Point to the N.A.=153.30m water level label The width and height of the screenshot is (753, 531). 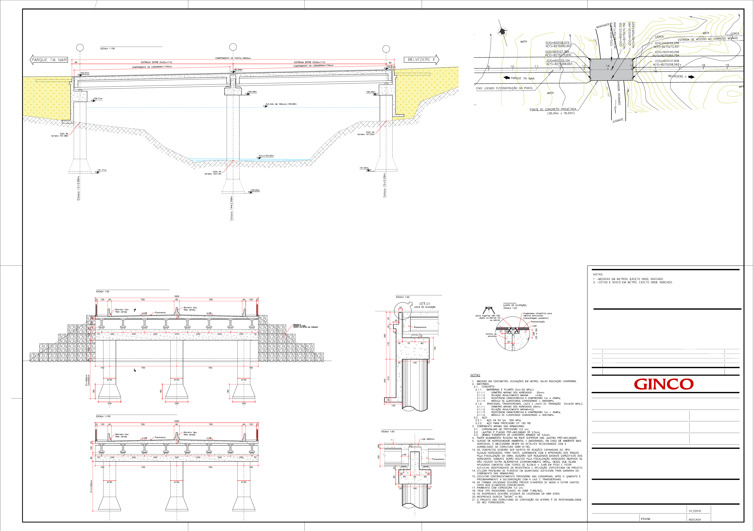click(x=266, y=156)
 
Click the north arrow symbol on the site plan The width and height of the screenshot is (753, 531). click(x=502, y=31)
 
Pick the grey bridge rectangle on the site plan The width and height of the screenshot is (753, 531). click(x=611, y=70)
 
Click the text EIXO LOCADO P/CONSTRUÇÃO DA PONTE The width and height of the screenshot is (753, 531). click(x=504, y=88)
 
